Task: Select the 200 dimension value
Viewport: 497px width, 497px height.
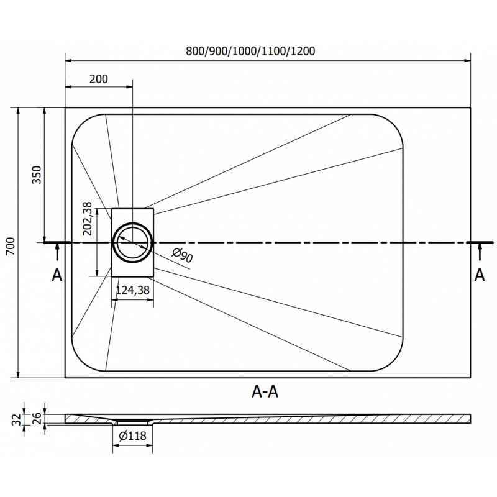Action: pyautogui.click(x=98, y=79)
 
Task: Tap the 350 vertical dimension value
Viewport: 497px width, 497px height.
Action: pyautogui.click(x=36, y=175)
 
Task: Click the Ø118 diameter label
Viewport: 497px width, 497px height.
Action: pyautogui.click(x=132, y=436)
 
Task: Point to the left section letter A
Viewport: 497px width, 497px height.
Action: pyautogui.click(x=57, y=275)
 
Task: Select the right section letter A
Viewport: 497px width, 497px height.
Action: pyautogui.click(x=479, y=275)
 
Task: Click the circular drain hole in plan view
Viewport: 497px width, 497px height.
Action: pyautogui.click(x=132, y=242)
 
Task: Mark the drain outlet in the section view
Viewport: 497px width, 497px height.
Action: pyautogui.click(x=132, y=422)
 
